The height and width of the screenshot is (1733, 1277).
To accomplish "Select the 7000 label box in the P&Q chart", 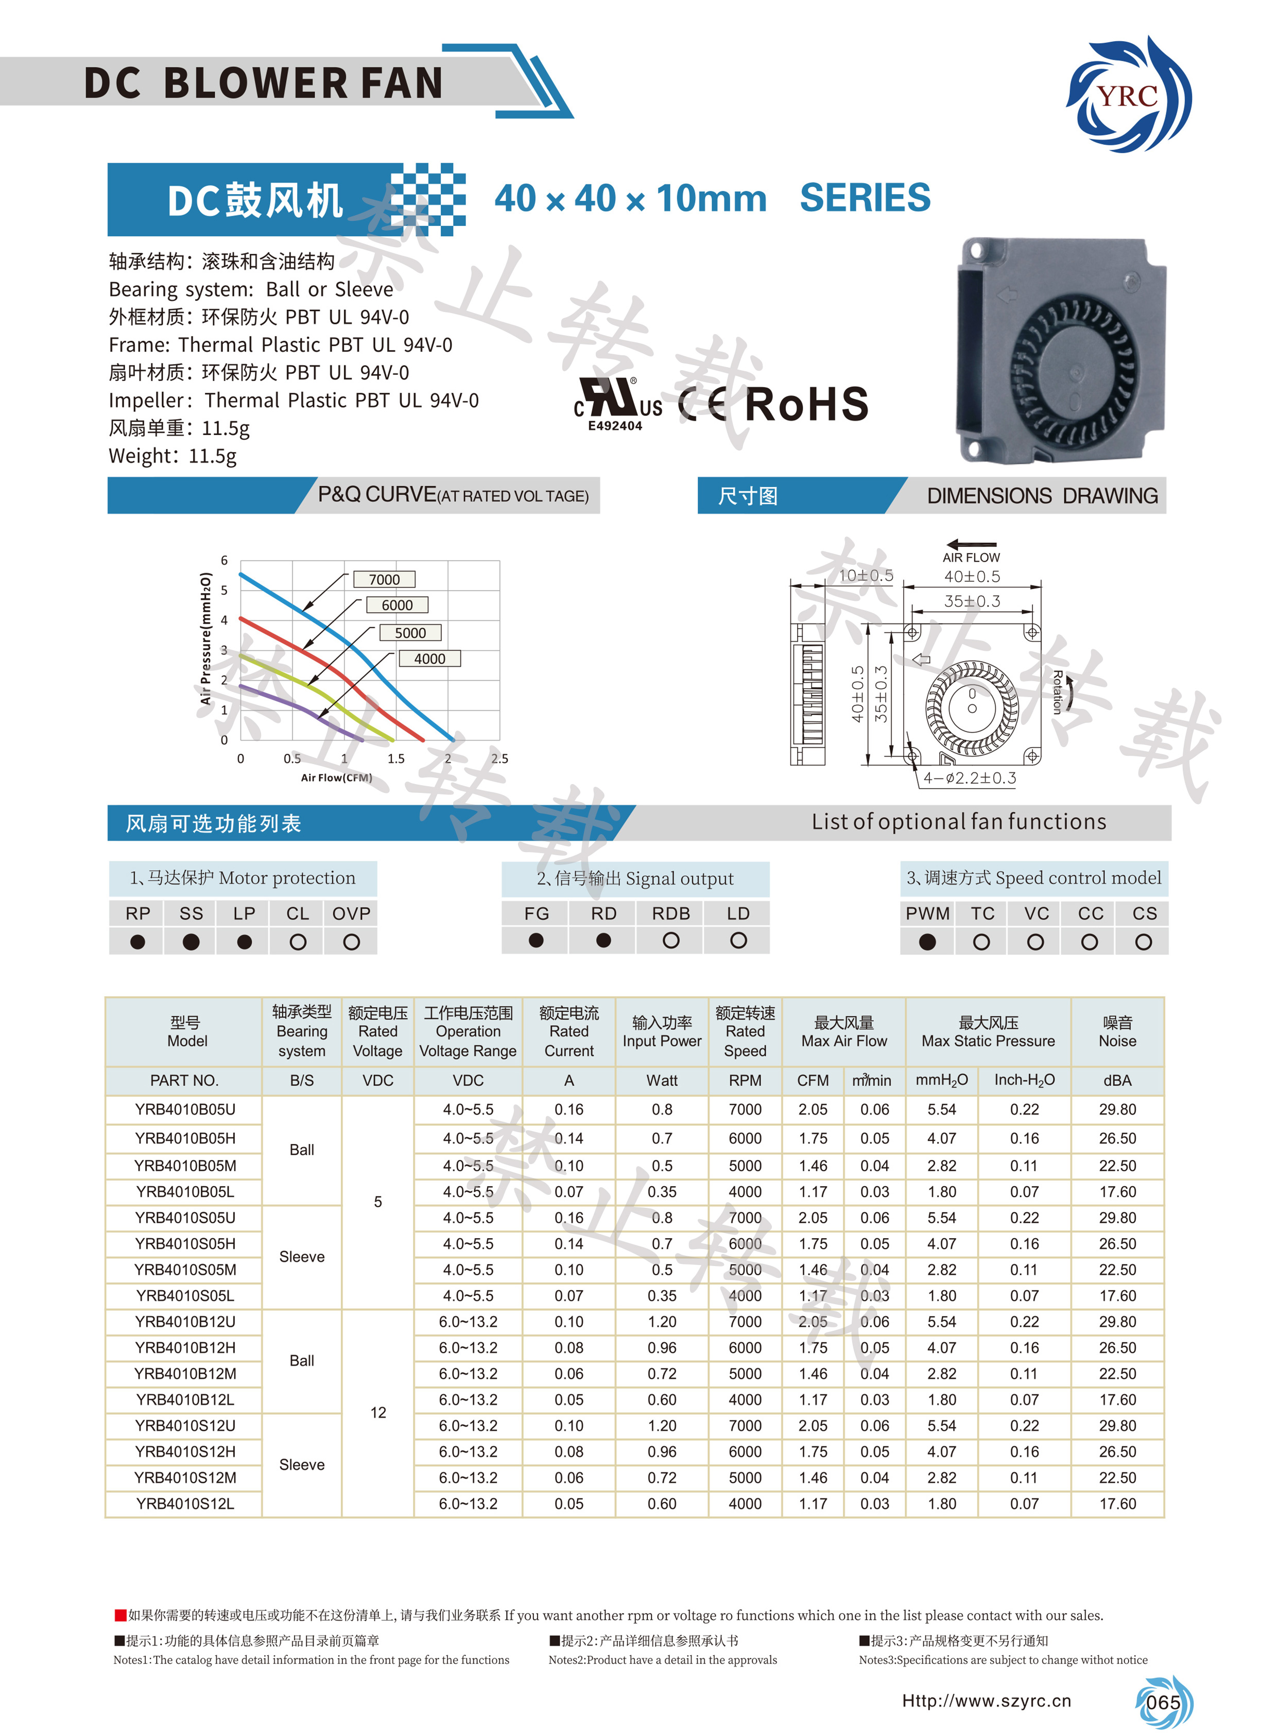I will pyautogui.click(x=384, y=579).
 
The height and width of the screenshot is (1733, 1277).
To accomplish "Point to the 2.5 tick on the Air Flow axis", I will pyautogui.click(x=499, y=758).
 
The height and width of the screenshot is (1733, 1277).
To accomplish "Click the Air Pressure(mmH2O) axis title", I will pyautogui.click(x=205, y=638).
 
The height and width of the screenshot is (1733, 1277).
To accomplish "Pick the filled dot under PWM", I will pyautogui.click(x=927, y=942).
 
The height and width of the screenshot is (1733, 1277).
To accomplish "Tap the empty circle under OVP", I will pyautogui.click(x=351, y=942).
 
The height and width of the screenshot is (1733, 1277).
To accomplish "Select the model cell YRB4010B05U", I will pyautogui.click(x=185, y=1109).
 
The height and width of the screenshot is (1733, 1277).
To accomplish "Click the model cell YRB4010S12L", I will pyautogui.click(x=185, y=1503).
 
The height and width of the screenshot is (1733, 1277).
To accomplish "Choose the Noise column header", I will pyautogui.click(x=1117, y=1031).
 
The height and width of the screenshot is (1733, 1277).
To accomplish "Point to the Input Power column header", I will pyautogui.click(x=662, y=1031).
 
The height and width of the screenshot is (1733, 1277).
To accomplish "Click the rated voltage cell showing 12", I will pyautogui.click(x=378, y=1412).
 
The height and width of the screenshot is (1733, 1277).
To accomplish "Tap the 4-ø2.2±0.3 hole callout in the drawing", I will pyautogui.click(x=970, y=777).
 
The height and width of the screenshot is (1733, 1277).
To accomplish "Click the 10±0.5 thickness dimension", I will pyautogui.click(x=866, y=575).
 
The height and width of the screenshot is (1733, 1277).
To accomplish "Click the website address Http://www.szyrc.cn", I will pyautogui.click(x=987, y=1701).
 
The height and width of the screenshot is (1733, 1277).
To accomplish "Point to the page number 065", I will pyautogui.click(x=1163, y=1702).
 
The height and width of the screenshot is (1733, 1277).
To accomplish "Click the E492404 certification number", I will pyautogui.click(x=615, y=426).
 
